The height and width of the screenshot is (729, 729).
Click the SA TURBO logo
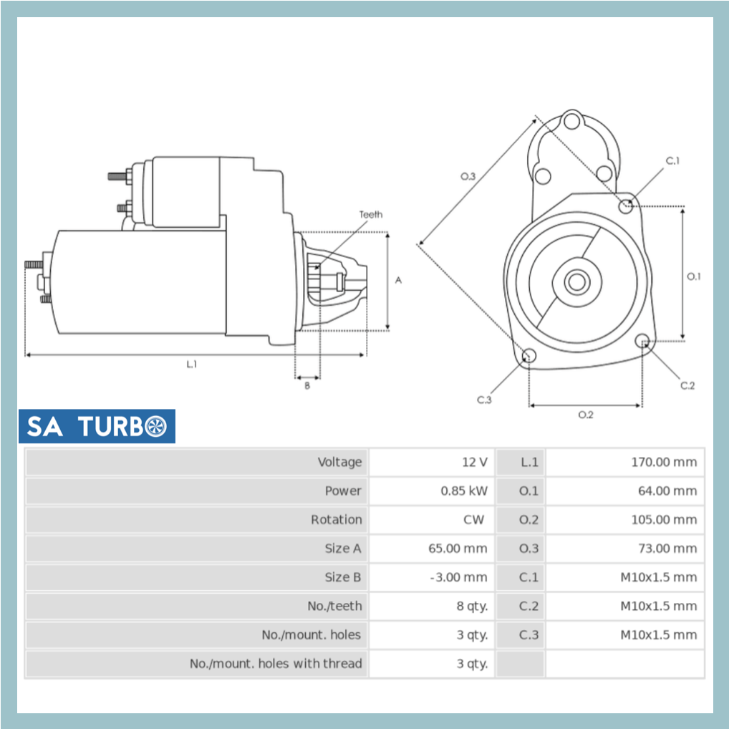(x=97, y=426)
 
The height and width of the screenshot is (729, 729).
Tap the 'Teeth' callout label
(x=370, y=214)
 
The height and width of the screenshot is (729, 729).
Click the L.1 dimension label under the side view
(x=191, y=364)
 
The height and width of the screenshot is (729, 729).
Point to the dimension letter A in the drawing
(x=399, y=280)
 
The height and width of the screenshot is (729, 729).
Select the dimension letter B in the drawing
(x=307, y=385)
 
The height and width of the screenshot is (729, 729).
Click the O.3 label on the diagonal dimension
(x=468, y=176)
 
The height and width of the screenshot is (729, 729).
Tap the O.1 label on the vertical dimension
(x=693, y=276)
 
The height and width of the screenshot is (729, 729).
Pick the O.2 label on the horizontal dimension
(x=585, y=415)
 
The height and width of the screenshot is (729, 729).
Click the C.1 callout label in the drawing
(x=672, y=161)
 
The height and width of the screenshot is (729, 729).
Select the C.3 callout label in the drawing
(x=485, y=400)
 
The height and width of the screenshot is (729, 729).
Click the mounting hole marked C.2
(x=642, y=341)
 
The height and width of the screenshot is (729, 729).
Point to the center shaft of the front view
(x=576, y=281)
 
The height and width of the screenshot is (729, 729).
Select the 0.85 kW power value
(x=463, y=491)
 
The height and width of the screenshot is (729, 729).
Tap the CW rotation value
(x=473, y=520)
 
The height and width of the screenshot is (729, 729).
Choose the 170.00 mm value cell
(x=663, y=463)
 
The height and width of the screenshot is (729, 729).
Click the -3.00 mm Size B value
(x=458, y=577)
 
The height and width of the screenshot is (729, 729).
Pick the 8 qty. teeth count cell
(x=472, y=606)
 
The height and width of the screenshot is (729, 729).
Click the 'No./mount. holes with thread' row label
(x=276, y=664)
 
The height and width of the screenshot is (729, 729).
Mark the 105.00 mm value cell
(x=663, y=520)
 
